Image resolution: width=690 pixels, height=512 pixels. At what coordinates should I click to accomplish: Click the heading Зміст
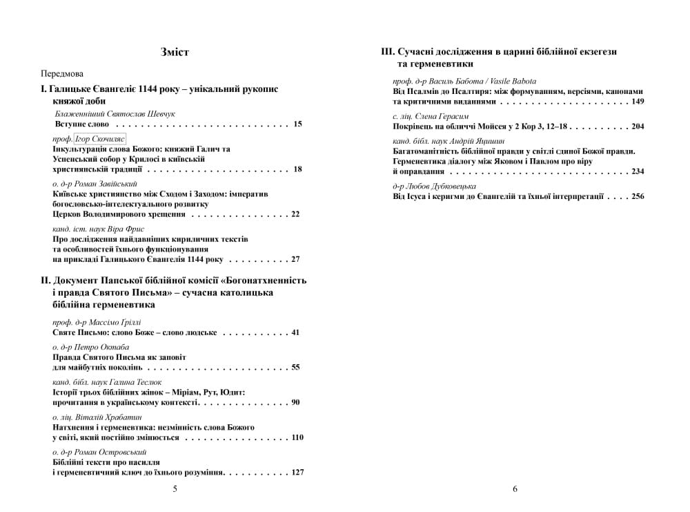point(175,53)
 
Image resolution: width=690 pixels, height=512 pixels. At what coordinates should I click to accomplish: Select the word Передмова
point(62,73)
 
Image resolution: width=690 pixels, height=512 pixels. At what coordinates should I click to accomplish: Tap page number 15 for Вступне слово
point(297,124)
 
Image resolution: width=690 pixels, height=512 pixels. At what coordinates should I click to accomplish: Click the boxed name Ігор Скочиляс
point(100,138)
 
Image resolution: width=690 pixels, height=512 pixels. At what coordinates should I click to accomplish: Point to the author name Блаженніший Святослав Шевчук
point(115,113)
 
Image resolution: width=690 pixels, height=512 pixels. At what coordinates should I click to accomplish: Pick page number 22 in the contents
point(295,214)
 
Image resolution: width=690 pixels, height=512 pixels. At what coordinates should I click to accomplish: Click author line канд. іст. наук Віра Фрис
point(98,229)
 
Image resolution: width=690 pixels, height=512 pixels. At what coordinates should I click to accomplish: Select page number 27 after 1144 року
point(295,259)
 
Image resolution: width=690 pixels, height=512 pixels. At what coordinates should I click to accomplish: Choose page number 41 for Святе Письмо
point(295,332)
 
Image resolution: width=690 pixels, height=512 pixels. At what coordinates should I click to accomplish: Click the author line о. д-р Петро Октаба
point(91,347)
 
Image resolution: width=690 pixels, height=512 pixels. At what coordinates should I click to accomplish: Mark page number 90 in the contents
point(295,402)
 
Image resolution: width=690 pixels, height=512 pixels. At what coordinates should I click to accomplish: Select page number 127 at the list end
point(297,473)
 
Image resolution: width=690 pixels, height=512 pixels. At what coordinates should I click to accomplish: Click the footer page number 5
point(175,489)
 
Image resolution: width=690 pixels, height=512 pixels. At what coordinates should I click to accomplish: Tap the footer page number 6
point(515,489)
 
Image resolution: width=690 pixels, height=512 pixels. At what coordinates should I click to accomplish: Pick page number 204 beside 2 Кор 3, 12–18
point(638,126)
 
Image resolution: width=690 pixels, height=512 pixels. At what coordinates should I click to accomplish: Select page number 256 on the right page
point(638,196)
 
